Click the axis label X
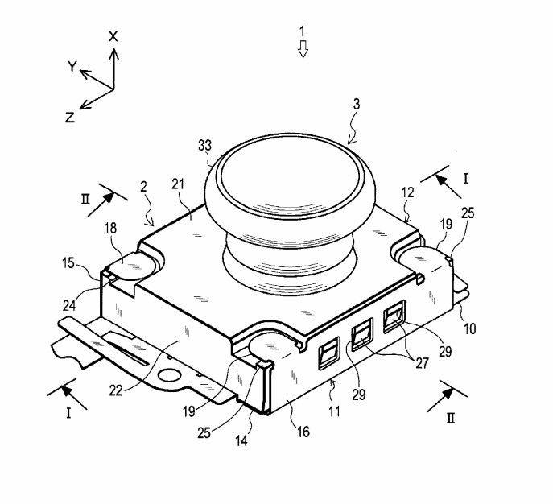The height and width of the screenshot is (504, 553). pos(113,36)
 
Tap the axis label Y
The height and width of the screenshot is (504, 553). pos(72,66)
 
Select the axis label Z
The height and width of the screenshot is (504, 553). pos(70,117)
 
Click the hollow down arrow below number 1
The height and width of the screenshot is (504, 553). pos(303,48)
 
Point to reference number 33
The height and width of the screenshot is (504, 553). pos(204,145)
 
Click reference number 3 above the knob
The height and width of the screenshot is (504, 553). pos(357,105)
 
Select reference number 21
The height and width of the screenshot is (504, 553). pos(178,184)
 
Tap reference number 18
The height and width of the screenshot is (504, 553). pos(111,228)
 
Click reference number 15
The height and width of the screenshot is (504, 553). pos(68,262)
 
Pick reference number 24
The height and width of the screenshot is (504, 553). pos(69,305)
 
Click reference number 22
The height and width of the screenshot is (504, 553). pos(116,390)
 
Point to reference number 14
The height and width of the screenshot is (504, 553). pos(241,440)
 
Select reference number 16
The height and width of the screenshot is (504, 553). pos(303,432)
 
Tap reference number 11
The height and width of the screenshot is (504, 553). pos(334,411)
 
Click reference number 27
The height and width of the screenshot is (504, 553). pos(422,363)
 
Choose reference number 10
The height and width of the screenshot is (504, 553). pos(469,328)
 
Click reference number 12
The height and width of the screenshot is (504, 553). pos(407,192)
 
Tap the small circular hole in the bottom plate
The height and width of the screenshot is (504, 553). pos(170,375)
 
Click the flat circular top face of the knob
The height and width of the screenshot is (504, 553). pos(291,175)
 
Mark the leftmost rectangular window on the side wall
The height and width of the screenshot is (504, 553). pos(329,353)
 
